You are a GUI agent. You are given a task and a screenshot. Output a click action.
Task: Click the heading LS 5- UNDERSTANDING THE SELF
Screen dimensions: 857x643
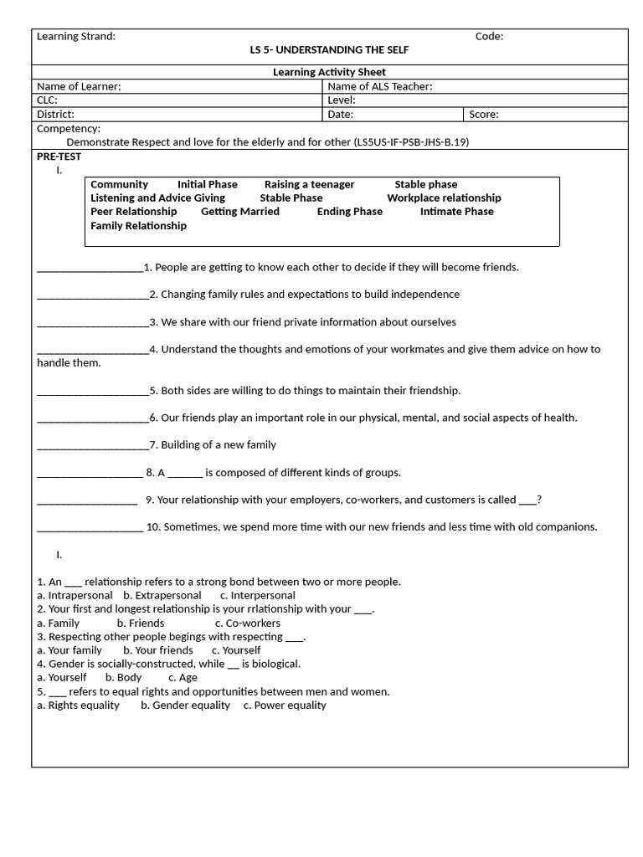(329, 50)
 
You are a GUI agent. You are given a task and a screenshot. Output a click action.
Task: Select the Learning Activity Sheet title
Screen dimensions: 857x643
(329, 72)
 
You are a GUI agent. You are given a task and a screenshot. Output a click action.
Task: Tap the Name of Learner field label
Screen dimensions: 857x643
(79, 86)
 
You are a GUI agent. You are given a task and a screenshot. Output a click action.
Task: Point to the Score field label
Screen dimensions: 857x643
(483, 115)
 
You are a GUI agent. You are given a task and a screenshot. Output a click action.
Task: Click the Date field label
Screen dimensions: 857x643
(340, 115)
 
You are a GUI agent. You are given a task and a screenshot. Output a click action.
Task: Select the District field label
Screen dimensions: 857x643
(55, 115)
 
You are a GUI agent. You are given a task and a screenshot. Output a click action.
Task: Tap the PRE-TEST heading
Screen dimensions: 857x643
(59, 157)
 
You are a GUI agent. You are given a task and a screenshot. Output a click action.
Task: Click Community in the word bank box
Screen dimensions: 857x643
(119, 184)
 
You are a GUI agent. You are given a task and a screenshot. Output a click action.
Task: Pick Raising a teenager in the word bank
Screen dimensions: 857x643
(309, 184)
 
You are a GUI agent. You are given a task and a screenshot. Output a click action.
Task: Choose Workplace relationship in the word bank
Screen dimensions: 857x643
(444, 198)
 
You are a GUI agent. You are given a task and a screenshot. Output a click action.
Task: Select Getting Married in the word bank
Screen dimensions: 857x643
(239, 212)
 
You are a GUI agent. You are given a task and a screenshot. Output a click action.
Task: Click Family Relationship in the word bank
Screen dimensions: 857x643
(138, 226)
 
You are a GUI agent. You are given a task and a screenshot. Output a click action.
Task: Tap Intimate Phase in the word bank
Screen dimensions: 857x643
(456, 212)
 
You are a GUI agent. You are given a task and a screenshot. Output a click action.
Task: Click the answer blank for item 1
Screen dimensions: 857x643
(90, 268)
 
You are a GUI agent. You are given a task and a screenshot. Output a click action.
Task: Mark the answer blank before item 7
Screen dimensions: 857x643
(92, 445)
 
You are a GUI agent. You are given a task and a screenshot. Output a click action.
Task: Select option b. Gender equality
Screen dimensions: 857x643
(185, 706)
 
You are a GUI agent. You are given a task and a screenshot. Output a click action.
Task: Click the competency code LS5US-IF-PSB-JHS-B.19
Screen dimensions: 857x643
(411, 142)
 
